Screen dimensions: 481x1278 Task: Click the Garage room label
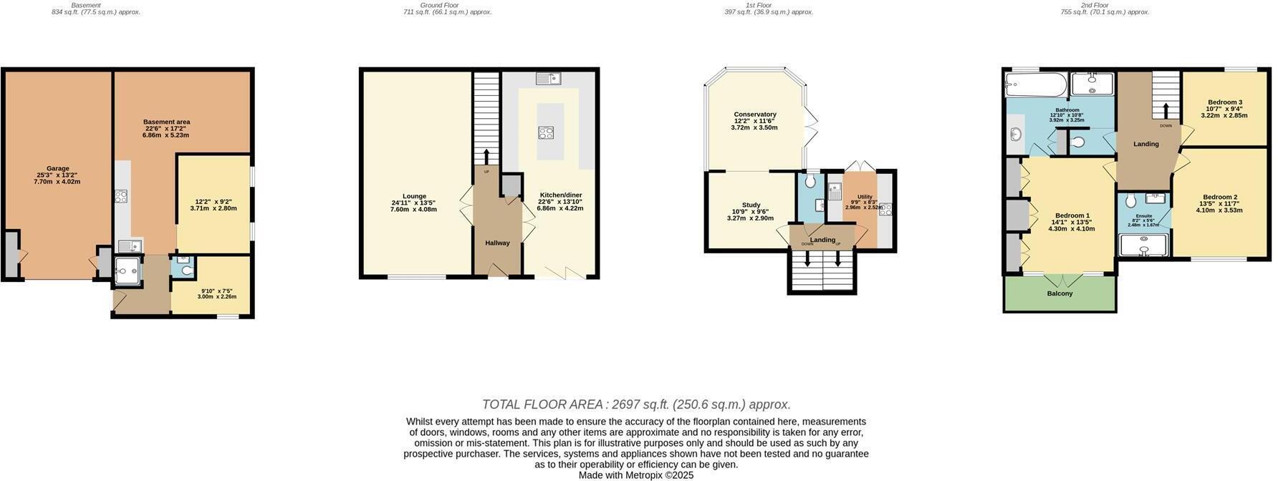point(57,169)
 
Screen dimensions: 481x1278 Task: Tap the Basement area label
point(166,122)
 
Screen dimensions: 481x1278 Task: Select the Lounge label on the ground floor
point(414,196)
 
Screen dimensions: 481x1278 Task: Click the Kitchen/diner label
point(560,195)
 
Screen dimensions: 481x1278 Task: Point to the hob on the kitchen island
point(546,132)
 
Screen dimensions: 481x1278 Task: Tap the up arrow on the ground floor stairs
point(486,157)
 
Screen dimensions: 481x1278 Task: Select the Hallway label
point(497,243)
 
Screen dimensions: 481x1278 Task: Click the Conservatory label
point(755,115)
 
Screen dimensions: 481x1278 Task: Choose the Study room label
point(751,205)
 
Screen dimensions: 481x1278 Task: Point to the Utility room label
point(865,197)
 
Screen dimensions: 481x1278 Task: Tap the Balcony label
point(1060,293)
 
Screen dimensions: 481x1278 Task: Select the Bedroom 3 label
point(1224,102)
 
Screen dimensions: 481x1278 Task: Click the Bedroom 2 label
point(1220,198)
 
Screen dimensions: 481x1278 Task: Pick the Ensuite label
point(1143,215)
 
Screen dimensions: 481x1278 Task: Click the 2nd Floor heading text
point(1095,5)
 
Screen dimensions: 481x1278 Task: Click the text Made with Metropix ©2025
point(636,475)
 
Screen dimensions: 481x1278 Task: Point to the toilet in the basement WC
point(185,270)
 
